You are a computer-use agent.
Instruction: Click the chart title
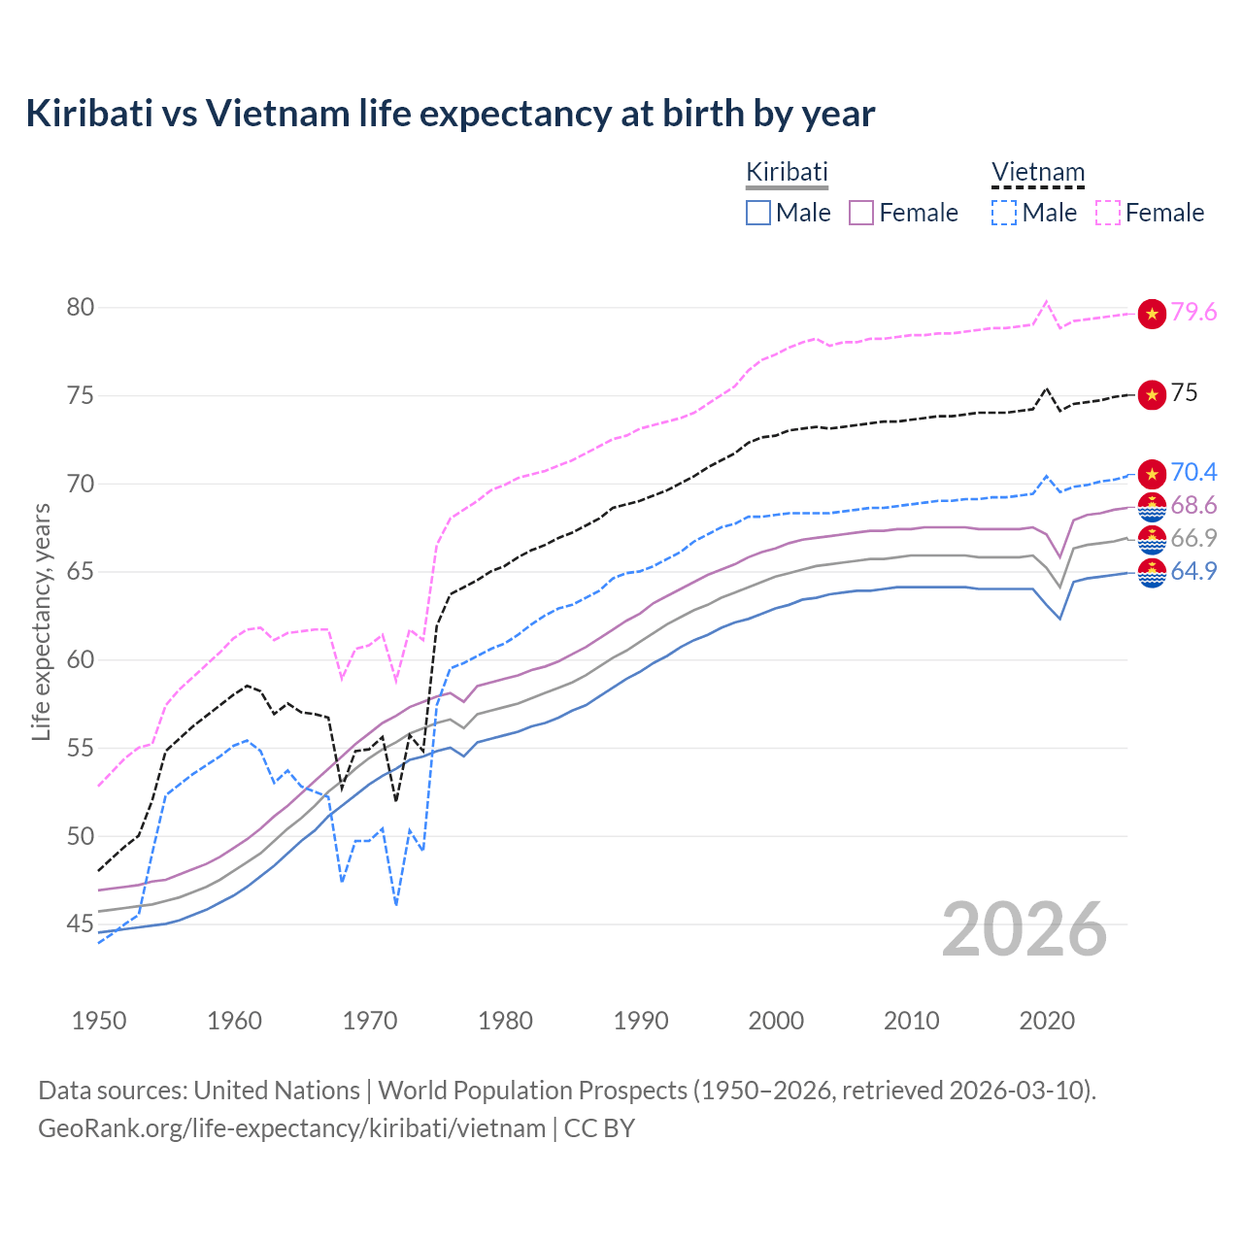pyautogui.click(x=451, y=114)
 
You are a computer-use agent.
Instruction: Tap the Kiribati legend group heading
pyautogui.click(x=787, y=172)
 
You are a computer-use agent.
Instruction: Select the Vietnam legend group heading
pyautogui.click(x=1037, y=173)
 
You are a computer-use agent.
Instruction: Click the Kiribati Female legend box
pyautogui.click(x=862, y=213)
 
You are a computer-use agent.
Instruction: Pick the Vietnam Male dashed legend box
pyautogui.click(x=1004, y=213)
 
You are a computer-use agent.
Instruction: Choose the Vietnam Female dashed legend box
pyautogui.click(x=1108, y=213)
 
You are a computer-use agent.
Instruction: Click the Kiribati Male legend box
pyautogui.click(x=758, y=213)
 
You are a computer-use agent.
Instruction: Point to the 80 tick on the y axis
pyautogui.click(x=81, y=308)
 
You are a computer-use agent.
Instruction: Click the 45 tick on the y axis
pyautogui.click(x=81, y=924)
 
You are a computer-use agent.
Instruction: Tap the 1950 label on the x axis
pyautogui.click(x=99, y=1021)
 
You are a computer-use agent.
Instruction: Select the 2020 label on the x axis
pyautogui.click(x=1047, y=1021)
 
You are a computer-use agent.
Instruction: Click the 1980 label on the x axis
pyautogui.click(x=505, y=1021)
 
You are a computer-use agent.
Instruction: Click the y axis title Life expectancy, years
pyautogui.click(x=41, y=621)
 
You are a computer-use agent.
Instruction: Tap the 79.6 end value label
pyautogui.click(x=1193, y=313)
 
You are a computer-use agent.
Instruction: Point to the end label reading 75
pyautogui.click(x=1184, y=393)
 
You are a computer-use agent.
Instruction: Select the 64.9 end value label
pyautogui.click(x=1193, y=572)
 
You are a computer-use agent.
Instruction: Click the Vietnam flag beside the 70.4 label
pyautogui.click(x=1152, y=474)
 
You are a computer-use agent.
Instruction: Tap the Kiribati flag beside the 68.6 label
pyautogui.click(x=1152, y=506)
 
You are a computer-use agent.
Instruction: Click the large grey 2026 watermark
pyautogui.click(x=1025, y=929)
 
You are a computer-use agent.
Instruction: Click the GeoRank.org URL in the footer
pyautogui.click(x=291, y=1128)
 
